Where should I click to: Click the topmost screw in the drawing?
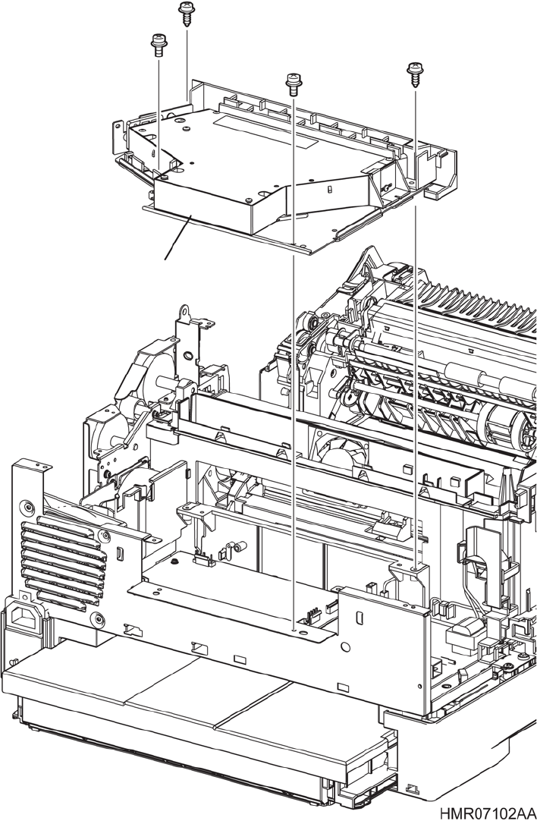coord(186,13)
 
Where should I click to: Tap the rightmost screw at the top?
coord(415,74)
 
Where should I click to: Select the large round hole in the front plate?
coord(345,647)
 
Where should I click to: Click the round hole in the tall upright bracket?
coord(186,358)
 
